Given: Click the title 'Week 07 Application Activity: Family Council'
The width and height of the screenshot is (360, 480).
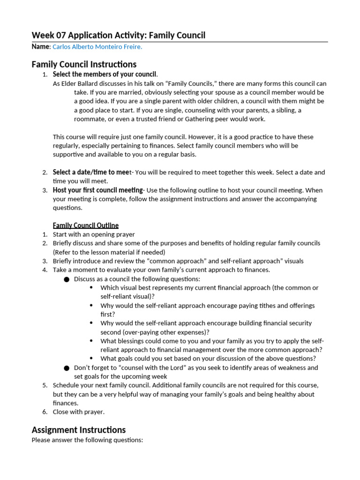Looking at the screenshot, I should point(118,36).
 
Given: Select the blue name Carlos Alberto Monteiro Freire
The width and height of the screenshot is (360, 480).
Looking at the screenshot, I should point(97,47).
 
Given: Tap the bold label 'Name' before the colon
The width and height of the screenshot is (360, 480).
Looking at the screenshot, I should point(40,47).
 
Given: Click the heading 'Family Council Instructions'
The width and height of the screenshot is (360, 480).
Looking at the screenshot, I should point(84,64).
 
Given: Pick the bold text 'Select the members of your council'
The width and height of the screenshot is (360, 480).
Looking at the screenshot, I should point(105,75).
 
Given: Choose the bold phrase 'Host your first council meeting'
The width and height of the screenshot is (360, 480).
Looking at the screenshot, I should point(97,190).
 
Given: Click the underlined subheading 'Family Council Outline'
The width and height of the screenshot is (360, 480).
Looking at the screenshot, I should point(86,225).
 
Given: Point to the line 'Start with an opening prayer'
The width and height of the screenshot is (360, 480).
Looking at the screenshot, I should point(94,234).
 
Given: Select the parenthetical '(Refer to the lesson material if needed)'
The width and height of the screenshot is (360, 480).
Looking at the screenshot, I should point(109,252).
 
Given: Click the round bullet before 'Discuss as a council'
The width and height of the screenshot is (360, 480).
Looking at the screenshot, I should point(67,279).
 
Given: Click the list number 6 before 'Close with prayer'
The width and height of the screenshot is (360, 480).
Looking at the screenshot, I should point(45,412).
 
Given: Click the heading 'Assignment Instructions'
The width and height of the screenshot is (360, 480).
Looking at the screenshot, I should point(78,430).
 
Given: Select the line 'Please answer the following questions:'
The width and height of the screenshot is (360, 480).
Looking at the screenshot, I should point(87,440).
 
